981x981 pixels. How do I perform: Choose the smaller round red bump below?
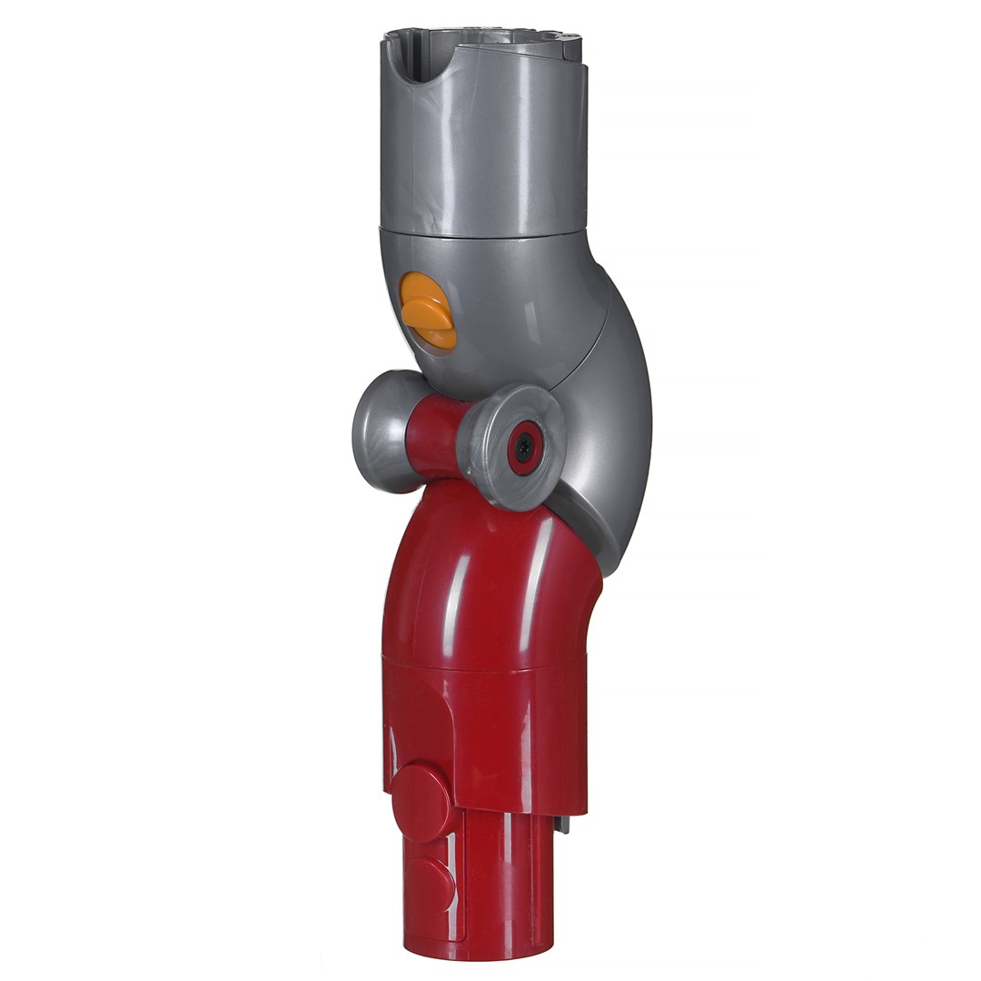(431, 879)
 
